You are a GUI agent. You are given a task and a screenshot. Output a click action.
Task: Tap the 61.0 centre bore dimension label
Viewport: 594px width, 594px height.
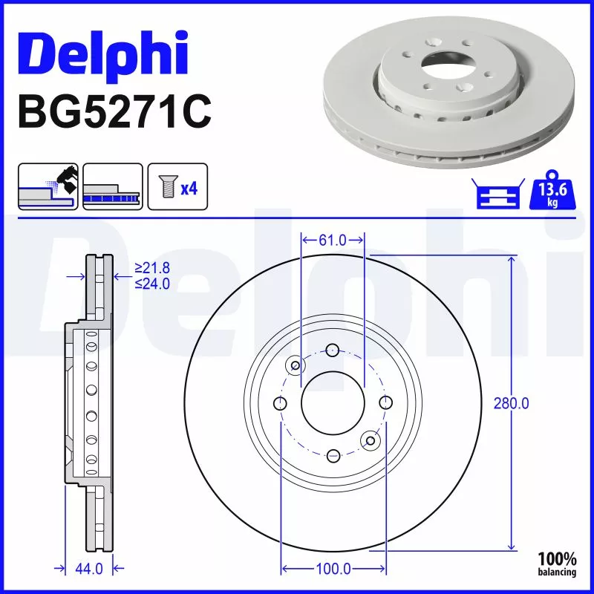click(x=333, y=240)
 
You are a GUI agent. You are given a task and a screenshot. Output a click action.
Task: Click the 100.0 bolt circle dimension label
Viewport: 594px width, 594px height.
click(x=333, y=569)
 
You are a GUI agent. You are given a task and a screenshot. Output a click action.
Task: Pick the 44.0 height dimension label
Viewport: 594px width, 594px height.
click(x=88, y=569)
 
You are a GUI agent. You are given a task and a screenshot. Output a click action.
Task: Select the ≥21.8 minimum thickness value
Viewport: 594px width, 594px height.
click(x=153, y=269)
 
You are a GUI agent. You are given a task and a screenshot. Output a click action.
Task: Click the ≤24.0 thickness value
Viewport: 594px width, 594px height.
click(x=153, y=283)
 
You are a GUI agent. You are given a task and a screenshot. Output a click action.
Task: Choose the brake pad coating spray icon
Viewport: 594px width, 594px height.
click(x=48, y=187)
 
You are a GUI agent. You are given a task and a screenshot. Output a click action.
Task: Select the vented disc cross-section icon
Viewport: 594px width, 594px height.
click(x=112, y=187)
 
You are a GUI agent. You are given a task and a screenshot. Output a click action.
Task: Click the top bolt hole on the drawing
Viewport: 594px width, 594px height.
click(x=333, y=350)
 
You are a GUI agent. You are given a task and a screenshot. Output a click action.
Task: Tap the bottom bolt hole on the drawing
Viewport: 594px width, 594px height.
click(x=333, y=454)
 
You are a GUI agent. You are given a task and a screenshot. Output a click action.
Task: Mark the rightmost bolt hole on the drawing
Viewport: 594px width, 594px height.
click(x=385, y=402)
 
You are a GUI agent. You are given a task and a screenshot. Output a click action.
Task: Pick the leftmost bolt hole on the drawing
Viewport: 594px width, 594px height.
click(x=281, y=403)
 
